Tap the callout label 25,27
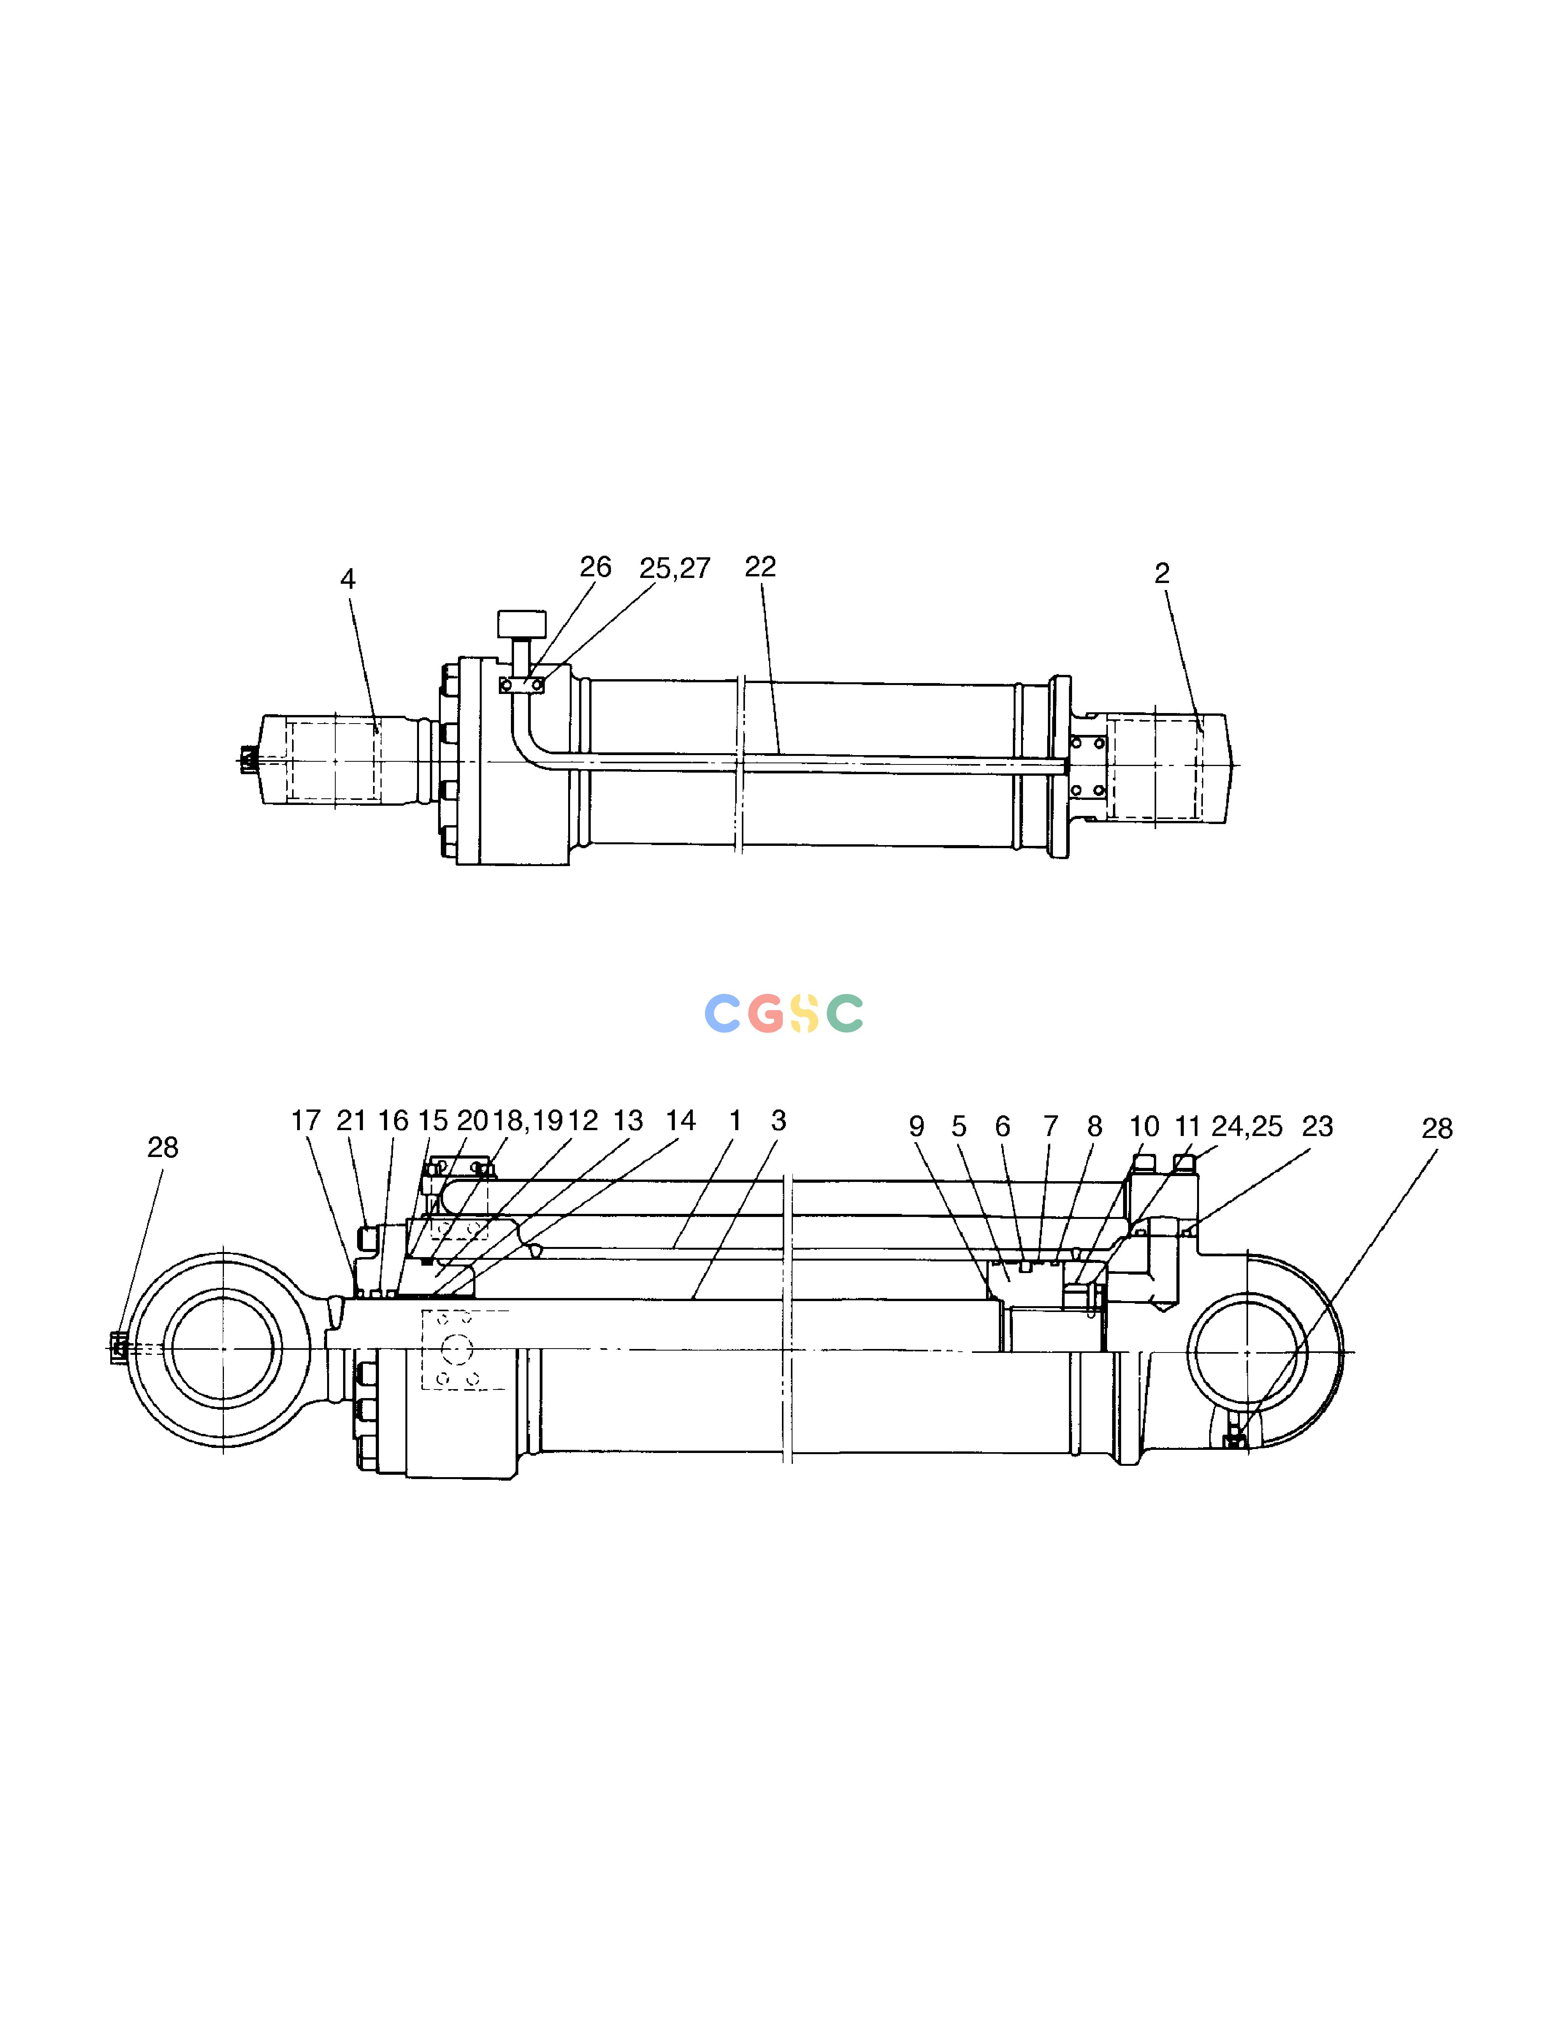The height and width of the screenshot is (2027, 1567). pos(675,568)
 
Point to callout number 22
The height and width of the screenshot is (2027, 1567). pos(760,566)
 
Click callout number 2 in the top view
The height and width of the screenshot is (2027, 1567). pos(1162,574)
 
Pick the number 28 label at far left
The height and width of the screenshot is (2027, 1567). pos(162,1148)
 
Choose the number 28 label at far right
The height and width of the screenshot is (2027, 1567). pos(1437,1129)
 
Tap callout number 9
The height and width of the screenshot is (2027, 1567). pos(916,1127)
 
